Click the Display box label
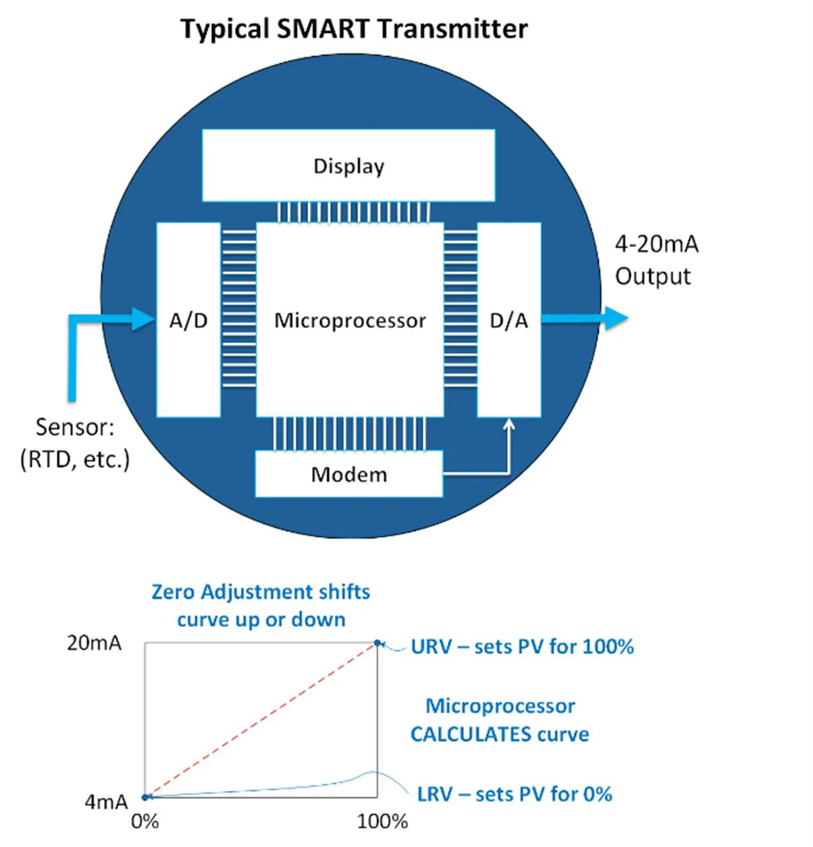pyautogui.click(x=348, y=166)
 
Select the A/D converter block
pyautogui.click(x=188, y=320)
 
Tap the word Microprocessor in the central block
pyautogui.click(x=350, y=321)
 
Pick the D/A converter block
pyautogui.click(x=508, y=320)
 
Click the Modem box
pyautogui.click(x=348, y=474)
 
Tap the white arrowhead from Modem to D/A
pyautogui.click(x=509, y=425)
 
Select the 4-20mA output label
pyautogui.click(x=656, y=244)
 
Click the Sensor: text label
pyautogui.click(x=75, y=427)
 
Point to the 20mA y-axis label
pyautogui.click(x=94, y=643)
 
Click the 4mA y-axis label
pyautogui.click(x=105, y=802)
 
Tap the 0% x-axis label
pyautogui.click(x=145, y=821)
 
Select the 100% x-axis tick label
pyautogui.click(x=382, y=821)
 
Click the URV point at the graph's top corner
pyautogui.click(x=377, y=643)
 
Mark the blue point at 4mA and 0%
pyautogui.click(x=145, y=797)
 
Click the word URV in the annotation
pyautogui.click(x=431, y=647)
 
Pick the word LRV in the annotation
pyautogui.click(x=435, y=794)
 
